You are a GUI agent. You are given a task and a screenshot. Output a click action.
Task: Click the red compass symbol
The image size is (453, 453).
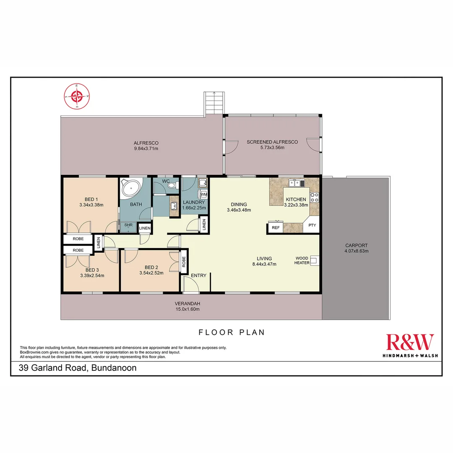coord(77,96)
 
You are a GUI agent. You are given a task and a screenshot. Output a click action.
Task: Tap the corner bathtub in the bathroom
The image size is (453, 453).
coord(131,188)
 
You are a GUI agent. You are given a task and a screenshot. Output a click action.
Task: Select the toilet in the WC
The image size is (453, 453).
coord(172,185)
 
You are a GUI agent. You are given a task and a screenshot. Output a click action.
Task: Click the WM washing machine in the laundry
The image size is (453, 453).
coord(203,194)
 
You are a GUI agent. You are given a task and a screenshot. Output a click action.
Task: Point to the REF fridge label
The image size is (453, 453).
coord(276,228)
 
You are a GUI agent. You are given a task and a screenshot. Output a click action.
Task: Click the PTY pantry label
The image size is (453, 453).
coord(312,225)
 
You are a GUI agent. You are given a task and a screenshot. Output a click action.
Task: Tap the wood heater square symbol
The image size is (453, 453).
coord(314,260)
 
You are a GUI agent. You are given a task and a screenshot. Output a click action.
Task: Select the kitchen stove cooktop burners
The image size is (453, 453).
coord(314,197)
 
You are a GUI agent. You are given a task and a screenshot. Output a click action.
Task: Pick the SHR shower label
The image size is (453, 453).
coord(128,225)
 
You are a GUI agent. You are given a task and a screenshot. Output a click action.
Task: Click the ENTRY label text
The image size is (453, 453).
coord(198,276)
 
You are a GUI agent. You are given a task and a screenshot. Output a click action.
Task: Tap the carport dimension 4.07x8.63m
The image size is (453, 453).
coord(356,251)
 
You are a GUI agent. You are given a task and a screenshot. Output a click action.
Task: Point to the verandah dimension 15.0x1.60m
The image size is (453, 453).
coord(187,309)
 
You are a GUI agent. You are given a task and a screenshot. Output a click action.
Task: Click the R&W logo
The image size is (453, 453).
coord(410,345)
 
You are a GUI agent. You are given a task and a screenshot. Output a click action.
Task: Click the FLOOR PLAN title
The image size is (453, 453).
coord(232,332)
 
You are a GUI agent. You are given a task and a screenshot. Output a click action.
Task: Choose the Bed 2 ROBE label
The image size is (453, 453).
coord(184,262)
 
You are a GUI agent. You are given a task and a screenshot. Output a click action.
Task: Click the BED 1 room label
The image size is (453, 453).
coord(91,199)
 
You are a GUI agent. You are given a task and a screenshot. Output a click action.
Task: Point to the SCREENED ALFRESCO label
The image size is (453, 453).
coord(272,142)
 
